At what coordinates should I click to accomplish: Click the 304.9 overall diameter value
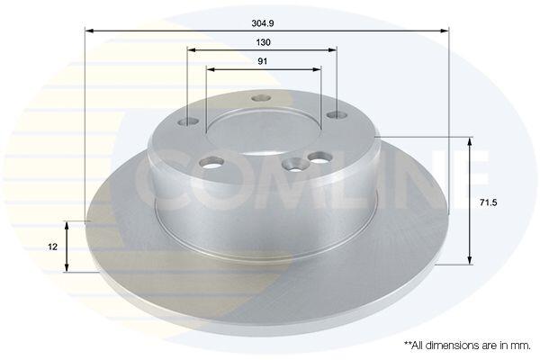pyautogui.click(x=263, y=23)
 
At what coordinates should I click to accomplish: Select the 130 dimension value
pyautogui.click(x=263, y=42)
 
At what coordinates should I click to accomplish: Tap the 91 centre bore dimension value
pyautogui.click(x=263, y=61)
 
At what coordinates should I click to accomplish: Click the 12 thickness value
pyautogui.click(x=53, y=247)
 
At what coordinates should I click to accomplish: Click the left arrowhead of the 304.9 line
pyautogui.click(x=89, y=31)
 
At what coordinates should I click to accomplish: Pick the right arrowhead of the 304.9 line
pyautogui.click(x=445, y=31)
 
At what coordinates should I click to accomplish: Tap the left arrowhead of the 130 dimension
pyautogui.click(x=192, y=50)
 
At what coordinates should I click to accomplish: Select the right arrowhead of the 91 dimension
pyautogui.click(x=317, y=69)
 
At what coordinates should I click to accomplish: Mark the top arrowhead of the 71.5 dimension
pyautogui.click(x=470, y=141)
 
